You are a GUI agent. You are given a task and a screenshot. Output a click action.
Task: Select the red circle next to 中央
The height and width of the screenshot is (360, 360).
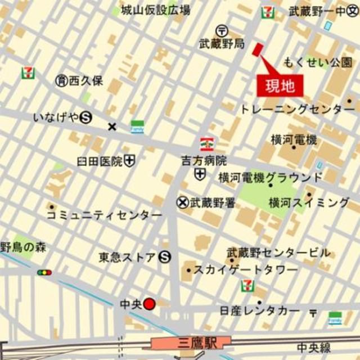coord(149,304)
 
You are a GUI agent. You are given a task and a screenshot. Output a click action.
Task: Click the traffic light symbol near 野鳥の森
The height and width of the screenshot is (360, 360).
coord(44,273)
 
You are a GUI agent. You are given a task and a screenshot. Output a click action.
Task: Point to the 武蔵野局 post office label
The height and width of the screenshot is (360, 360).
coord(222,43)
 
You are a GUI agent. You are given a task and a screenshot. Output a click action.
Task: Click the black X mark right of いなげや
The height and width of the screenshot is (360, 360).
coord(112,127)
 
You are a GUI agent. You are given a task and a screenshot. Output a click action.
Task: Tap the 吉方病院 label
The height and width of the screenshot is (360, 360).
coord(204,160)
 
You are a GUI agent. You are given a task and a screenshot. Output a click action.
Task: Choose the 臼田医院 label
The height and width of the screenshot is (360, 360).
coord(100,161)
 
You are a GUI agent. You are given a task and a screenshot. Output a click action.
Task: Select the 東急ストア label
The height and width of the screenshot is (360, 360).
coord(127,258)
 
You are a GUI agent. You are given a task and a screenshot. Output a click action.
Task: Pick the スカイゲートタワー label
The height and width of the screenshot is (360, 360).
coord(246,270)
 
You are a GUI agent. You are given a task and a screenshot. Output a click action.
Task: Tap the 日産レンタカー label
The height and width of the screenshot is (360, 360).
coord(260,310)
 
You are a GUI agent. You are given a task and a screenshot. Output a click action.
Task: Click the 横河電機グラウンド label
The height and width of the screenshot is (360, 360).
coord(271,177)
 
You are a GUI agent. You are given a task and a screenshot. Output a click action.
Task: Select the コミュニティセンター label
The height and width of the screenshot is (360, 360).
coord(104,215)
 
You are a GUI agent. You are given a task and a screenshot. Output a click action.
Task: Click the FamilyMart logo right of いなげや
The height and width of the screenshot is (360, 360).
coord(137,127)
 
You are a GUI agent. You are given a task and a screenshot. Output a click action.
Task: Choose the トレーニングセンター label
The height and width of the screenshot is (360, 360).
coord(298,109)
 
